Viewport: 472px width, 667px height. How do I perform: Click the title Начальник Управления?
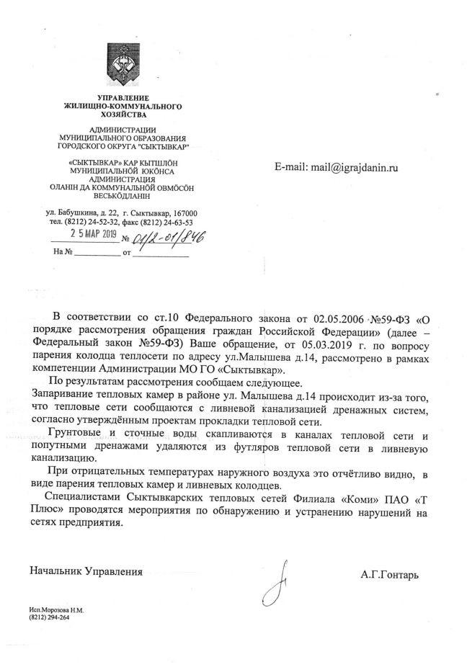pyautogui.click(x=86, y=571)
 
